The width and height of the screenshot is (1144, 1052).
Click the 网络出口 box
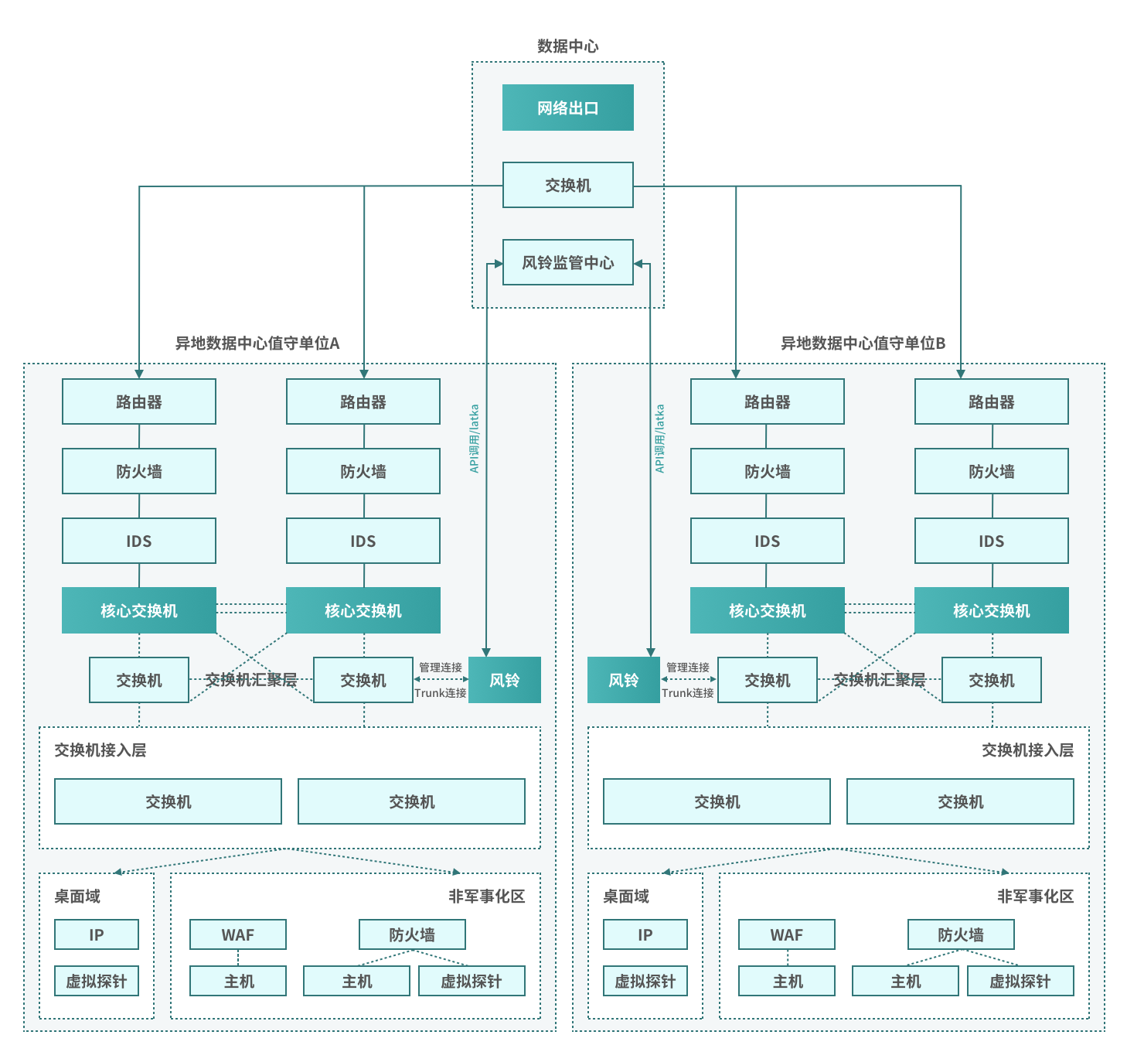(567, 108)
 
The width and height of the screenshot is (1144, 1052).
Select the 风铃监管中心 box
(567, 262)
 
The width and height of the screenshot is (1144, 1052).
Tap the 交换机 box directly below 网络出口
(567, 185)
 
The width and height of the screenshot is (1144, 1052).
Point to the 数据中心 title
(567, 46)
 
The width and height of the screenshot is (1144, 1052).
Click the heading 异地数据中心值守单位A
(257, 343)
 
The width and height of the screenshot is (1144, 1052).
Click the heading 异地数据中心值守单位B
(863, 343)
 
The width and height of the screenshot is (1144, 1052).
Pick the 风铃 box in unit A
(505, 680)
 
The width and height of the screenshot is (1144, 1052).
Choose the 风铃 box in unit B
(623, 680)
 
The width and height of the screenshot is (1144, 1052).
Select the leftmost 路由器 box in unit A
(139, 401)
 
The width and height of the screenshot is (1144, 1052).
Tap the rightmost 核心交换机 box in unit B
(991, 610)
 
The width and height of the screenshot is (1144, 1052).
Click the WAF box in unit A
(238, 934)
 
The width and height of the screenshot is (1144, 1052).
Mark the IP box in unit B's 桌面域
(645, 934)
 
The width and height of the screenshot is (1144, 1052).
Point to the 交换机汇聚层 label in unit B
(879, 680)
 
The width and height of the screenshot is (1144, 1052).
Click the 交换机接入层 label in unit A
(100, 750)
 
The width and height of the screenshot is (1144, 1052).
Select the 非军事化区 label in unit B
(1035, 897)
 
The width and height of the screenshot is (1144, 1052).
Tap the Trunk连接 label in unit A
(441, 693)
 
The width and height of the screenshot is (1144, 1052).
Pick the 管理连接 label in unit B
(688, 667)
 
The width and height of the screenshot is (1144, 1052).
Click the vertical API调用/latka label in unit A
(475, 438)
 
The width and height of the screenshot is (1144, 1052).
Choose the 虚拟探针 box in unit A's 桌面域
(97, 981)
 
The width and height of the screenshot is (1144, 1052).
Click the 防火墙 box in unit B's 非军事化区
(960, 934)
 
